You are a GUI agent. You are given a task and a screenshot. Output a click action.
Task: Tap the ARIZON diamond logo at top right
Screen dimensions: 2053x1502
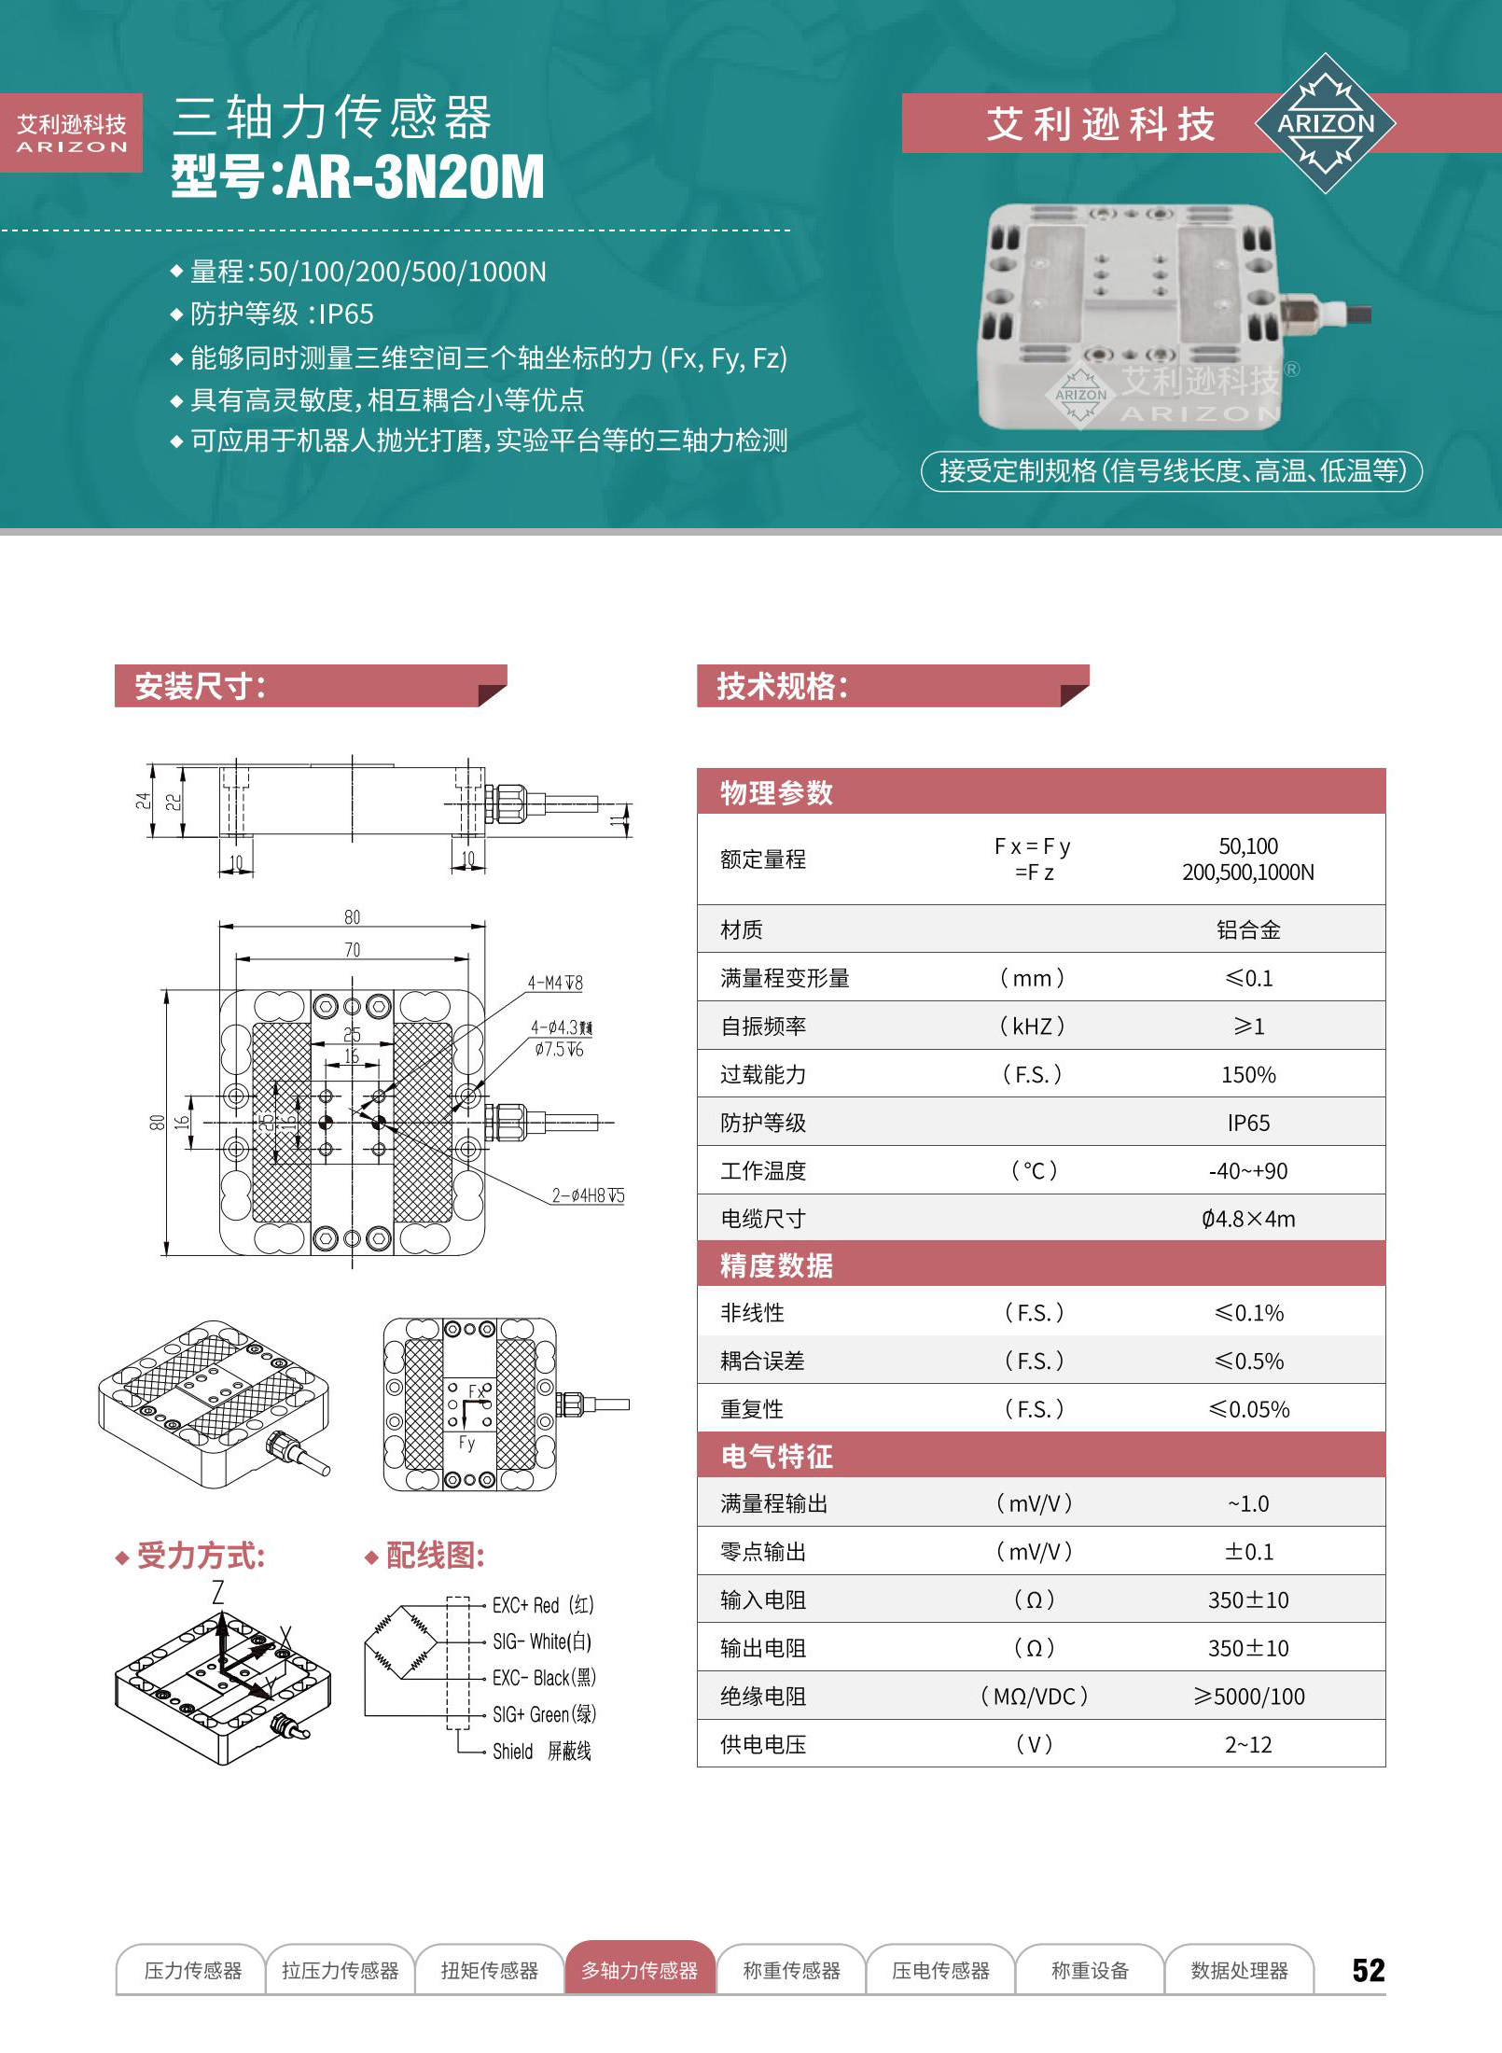tap(1325, 123)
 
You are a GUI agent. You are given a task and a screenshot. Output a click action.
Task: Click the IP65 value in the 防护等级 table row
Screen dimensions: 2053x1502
tap(1247, 1123)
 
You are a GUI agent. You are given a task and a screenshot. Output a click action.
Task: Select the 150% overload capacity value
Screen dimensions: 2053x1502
tap(1247, 1074)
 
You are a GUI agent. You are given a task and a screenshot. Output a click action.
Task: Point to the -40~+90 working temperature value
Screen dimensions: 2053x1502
tap(1247, 1171)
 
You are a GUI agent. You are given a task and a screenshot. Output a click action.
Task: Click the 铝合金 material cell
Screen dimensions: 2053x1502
tap(1247, 929)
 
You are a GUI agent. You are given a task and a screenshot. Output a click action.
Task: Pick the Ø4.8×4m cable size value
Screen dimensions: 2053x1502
tap(1247, 1219)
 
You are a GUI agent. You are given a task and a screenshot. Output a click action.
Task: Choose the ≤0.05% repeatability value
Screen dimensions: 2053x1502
tap(1247, 1409)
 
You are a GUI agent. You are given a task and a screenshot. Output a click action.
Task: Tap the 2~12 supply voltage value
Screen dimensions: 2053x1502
tap(1247, 1744)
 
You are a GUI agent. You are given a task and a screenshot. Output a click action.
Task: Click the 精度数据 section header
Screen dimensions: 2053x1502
tap(776, 1265)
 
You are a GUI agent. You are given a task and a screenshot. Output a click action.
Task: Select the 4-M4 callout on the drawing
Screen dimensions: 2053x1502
tap(554, 983)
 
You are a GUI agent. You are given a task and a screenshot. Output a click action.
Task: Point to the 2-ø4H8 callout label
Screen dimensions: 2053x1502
tap(587, 1195)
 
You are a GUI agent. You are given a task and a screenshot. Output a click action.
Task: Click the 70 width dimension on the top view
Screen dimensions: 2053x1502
tap(352, 950)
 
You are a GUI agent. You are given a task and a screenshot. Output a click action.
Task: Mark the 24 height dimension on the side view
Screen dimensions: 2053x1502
tap(142, 801)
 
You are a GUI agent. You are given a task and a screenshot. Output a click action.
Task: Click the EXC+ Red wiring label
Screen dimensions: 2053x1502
tap(542, 1605)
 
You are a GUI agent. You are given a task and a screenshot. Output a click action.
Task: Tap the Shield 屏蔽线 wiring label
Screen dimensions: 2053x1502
tap(541, 1751)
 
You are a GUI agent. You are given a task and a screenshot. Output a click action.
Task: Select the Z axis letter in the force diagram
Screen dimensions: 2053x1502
tap(217, 1592)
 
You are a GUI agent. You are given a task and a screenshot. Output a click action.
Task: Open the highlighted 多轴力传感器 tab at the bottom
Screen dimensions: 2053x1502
tap(639, 1970)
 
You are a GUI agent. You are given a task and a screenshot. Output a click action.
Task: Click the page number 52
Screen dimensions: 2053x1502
tap(1368, 1969)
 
